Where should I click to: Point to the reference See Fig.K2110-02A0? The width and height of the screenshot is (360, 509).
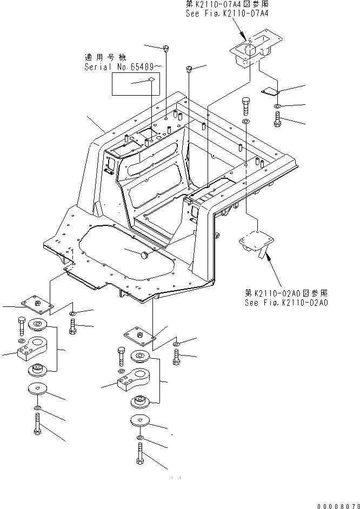pyautogui.click(x=286, y=303)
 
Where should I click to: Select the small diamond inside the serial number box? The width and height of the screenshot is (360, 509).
pyautogui.click(x=151, y=80)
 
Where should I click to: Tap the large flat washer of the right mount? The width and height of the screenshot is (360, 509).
pyautogui.click(x=141, y=420)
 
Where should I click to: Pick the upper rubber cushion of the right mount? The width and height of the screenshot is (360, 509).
pyautogui.click(x=141, y=357)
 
